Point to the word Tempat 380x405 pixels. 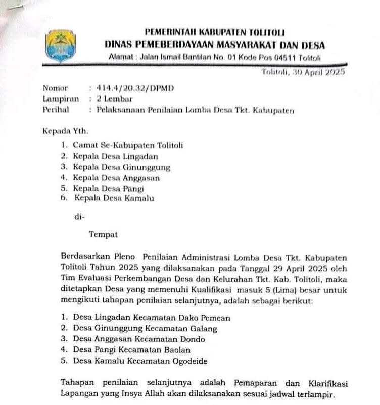103,234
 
